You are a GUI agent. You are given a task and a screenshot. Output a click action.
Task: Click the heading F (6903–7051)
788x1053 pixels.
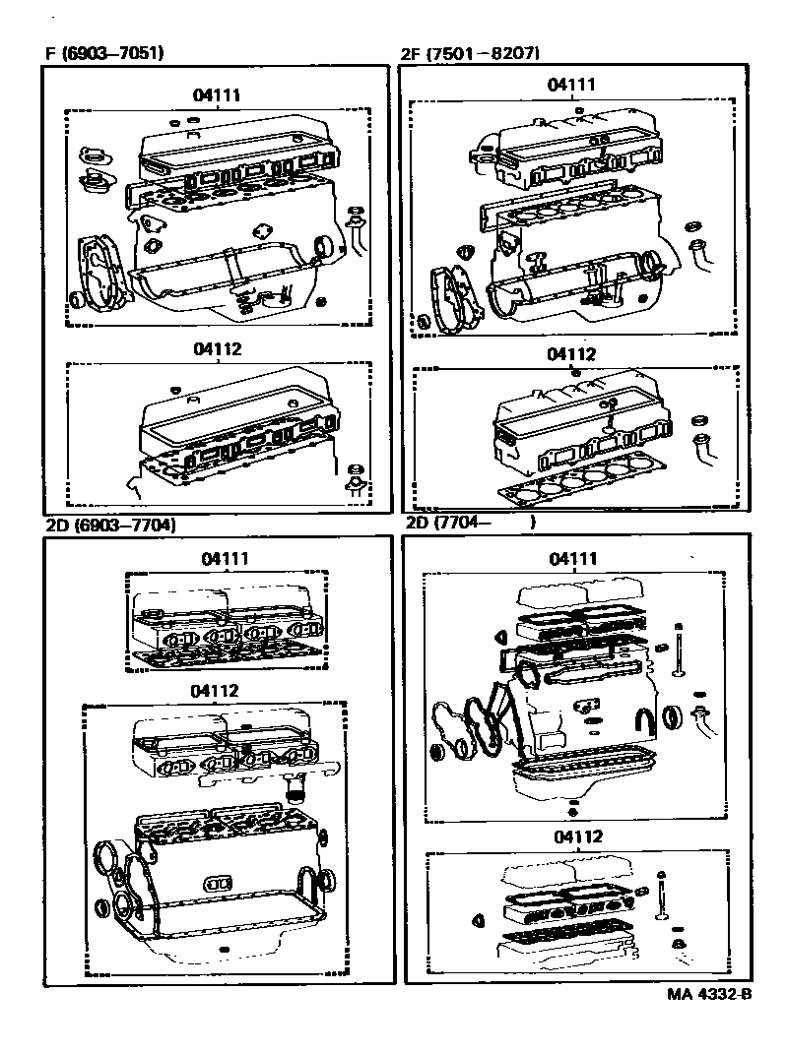(103, 53)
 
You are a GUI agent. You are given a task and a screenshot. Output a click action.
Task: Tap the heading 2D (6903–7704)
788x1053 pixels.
(110, 525)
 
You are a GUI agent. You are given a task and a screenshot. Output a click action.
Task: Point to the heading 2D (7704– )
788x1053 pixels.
(470, 524)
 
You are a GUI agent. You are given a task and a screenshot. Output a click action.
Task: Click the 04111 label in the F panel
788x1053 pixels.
(219, 95)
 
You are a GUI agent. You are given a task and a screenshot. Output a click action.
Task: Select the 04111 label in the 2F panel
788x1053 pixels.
(571, 85)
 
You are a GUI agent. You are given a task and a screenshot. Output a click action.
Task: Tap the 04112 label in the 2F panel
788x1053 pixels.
(571, 354)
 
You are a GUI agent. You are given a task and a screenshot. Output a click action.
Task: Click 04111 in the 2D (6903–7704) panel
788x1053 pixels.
(226, 558)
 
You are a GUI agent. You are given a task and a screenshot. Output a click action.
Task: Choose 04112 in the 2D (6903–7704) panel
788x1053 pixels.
(216, 691)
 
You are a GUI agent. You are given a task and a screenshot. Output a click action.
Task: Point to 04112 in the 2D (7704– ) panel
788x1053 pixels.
(578, 836)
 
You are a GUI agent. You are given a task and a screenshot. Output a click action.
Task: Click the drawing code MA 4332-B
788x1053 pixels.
(701, 994)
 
